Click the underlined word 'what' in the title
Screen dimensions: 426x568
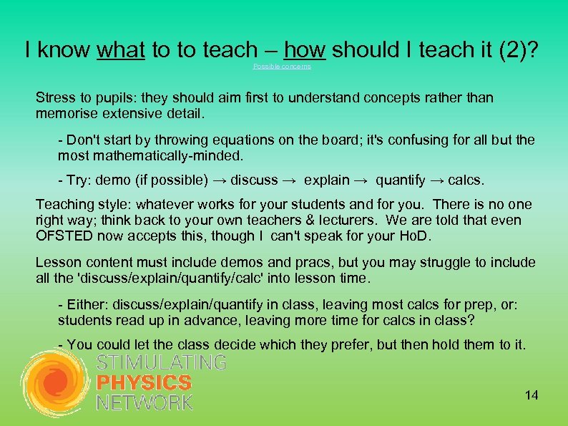[120, 49]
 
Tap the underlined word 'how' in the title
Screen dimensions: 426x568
[305, 49]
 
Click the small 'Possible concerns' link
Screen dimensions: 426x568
[282, 67]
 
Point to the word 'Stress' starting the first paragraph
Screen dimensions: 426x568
[54, 97]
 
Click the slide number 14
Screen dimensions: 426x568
[531, 395]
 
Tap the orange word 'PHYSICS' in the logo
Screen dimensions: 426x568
[144, 382]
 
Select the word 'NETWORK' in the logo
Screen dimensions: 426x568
[145, 402]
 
